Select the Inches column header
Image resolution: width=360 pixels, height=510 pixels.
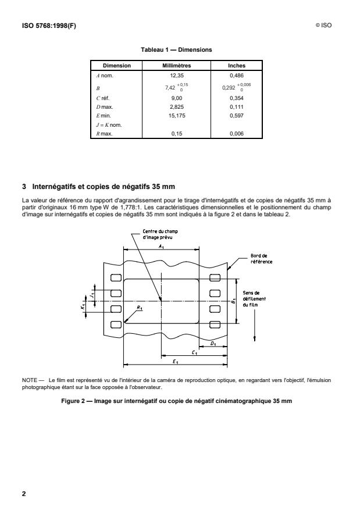pos(236,66)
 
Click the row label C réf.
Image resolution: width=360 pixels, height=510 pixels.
pos(103,99)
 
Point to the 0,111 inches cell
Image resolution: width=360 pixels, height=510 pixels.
pos(236,107)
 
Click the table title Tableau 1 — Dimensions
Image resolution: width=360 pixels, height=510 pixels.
pos(179,51)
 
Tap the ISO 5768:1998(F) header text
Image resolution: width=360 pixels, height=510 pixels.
pos(47,26)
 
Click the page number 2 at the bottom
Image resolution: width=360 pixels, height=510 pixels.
pos(24,494)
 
